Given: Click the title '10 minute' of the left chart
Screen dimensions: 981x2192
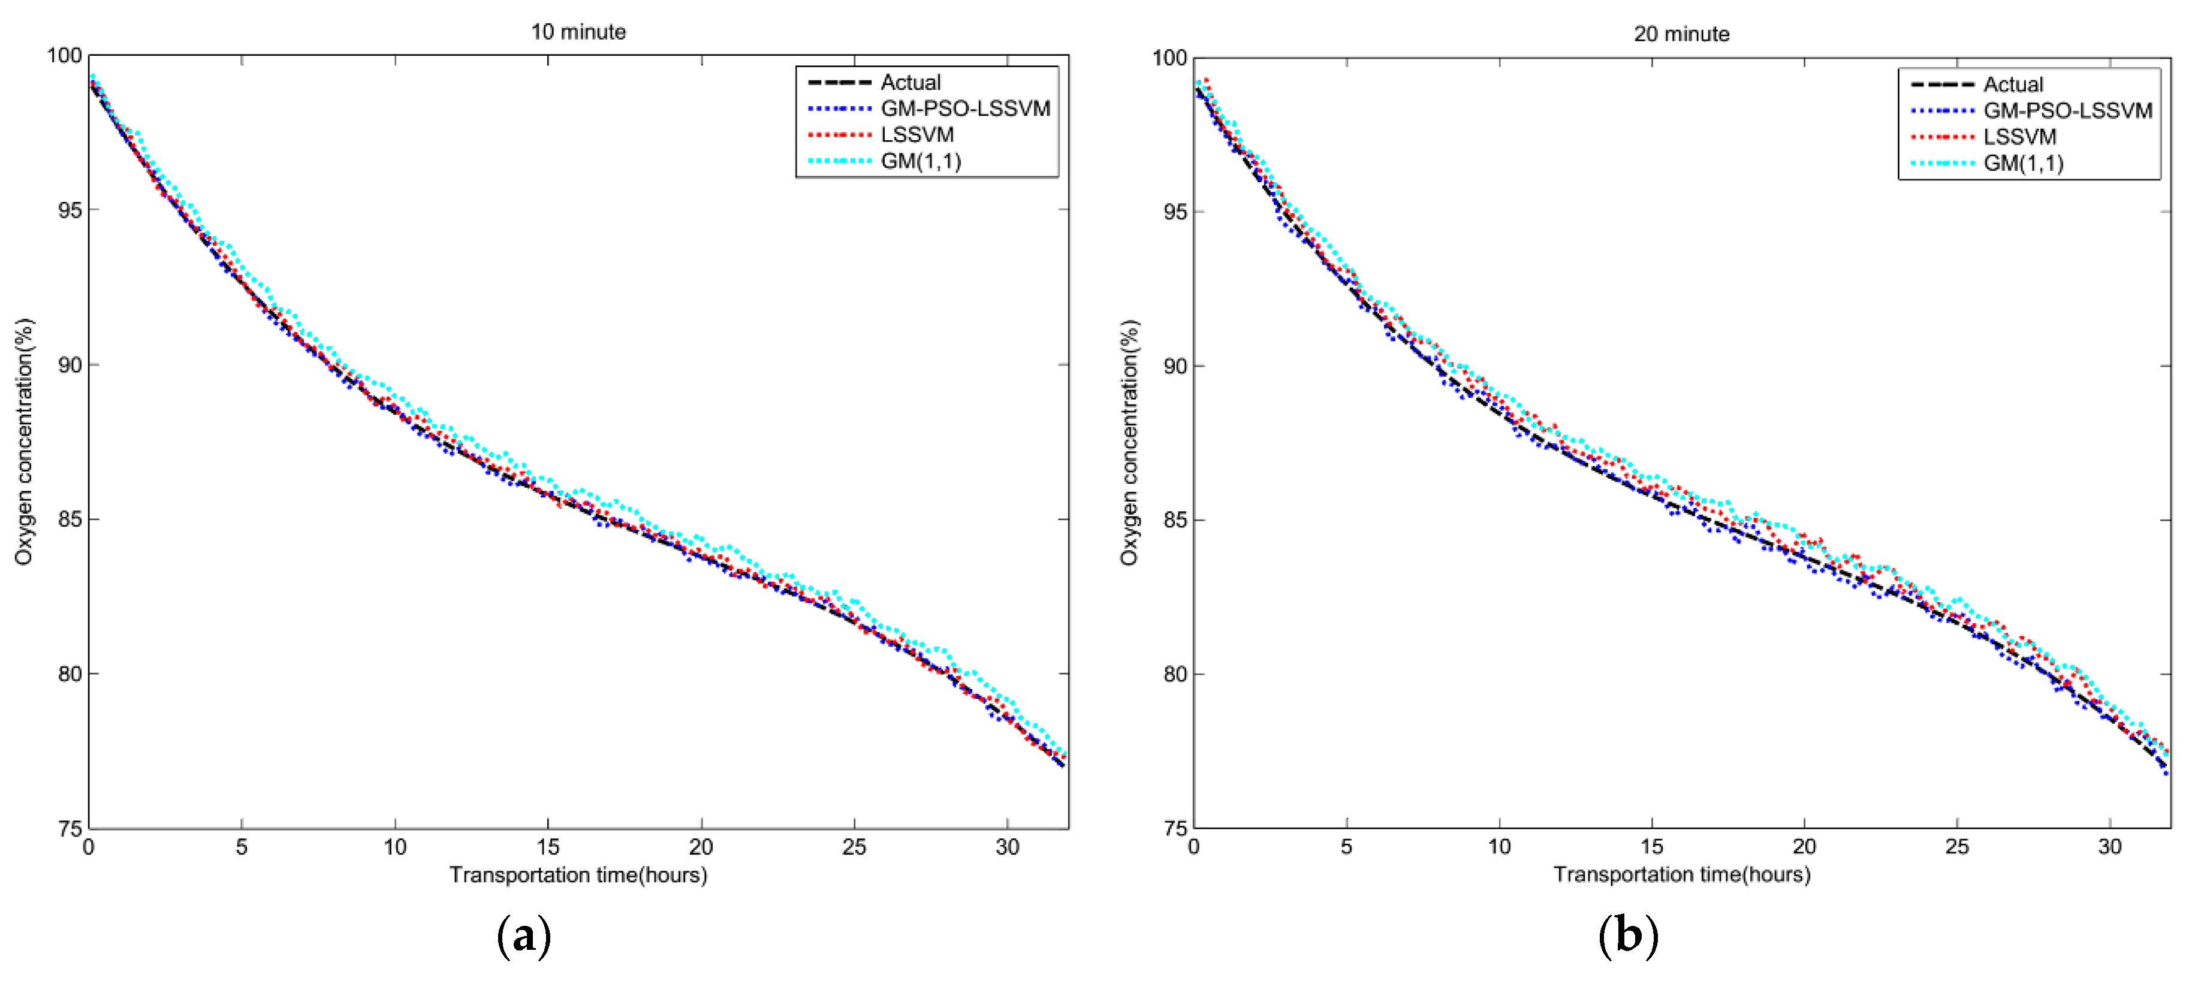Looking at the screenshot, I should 578,32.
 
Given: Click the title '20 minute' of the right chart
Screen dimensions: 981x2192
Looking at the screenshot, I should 1681,34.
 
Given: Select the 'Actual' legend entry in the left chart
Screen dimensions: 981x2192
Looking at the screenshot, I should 910,83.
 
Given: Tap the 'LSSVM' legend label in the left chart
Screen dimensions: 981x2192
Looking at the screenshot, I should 916,134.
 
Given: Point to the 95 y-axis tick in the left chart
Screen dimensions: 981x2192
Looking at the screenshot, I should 70,210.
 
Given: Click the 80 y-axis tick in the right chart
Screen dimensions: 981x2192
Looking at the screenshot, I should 1175,674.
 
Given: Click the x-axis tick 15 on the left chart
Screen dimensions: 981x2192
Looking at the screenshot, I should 547,847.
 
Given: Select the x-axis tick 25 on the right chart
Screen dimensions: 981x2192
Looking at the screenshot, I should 1956,847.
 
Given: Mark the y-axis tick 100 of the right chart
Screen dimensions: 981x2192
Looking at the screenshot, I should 1170,58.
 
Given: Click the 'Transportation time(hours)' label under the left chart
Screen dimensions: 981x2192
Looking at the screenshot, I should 578,875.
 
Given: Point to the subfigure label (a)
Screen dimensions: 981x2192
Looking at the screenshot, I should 523,936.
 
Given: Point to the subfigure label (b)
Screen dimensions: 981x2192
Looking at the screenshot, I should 1627,936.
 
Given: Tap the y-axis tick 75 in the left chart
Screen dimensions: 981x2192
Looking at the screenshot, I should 70,829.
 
